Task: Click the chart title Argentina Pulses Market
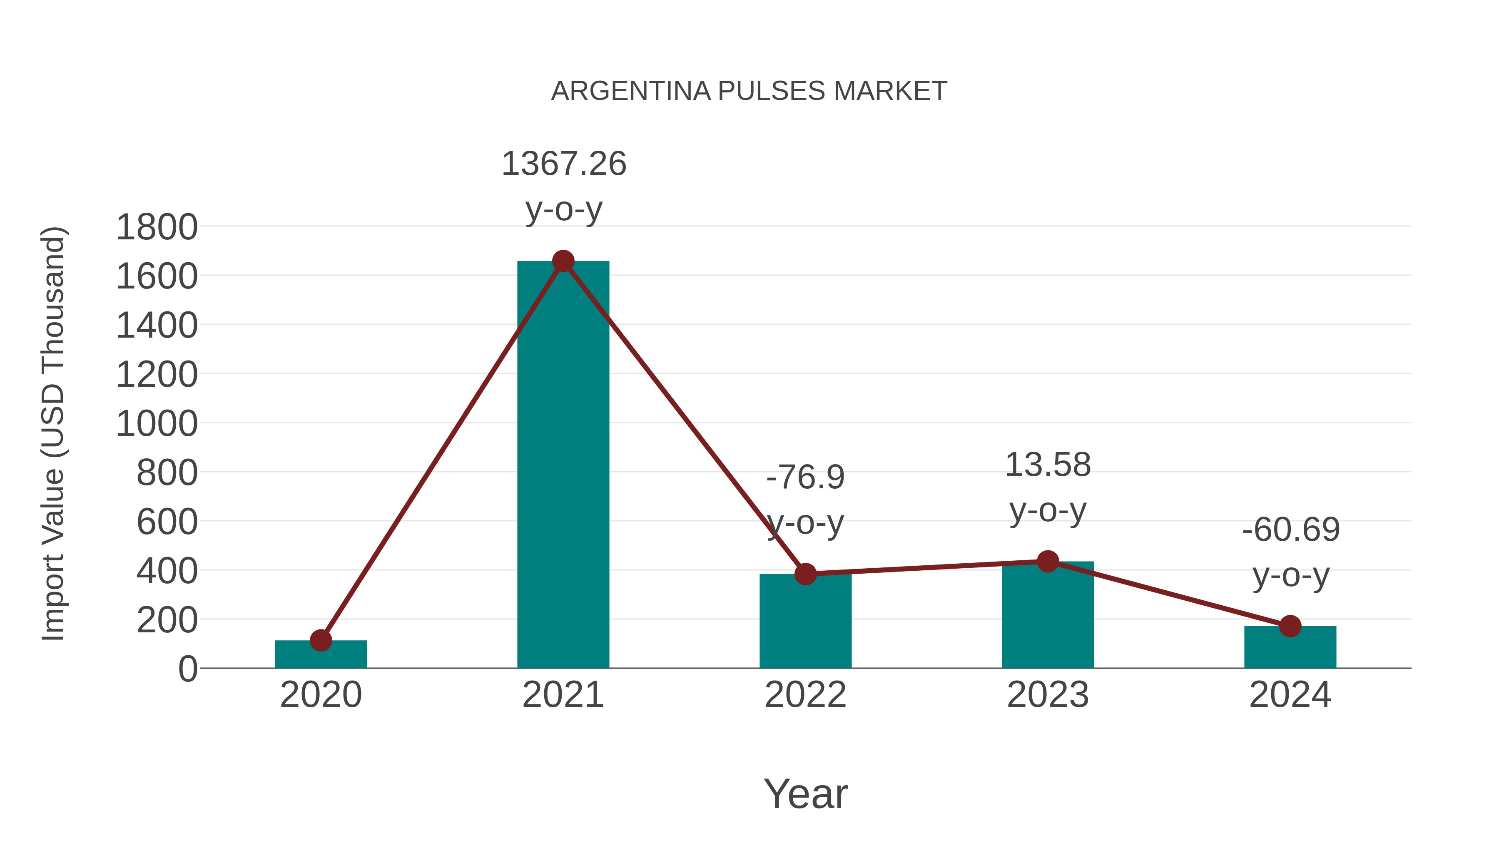click(x=749, y=91)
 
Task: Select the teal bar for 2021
click(x=563, y=465)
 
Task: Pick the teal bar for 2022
click(x=805, y=622)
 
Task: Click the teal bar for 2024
click(x=1290, y=647)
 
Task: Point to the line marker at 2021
click(x=563, y=261)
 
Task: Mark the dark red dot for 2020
click(x=321, y=641)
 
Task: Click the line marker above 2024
click(x=1290, y=626)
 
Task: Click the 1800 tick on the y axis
click(x=157, y=227)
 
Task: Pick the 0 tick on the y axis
click(x=187, y=669)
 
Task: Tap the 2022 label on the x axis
click(x=805, y=695)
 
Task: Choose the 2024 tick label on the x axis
click(x=1290, y=695)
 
